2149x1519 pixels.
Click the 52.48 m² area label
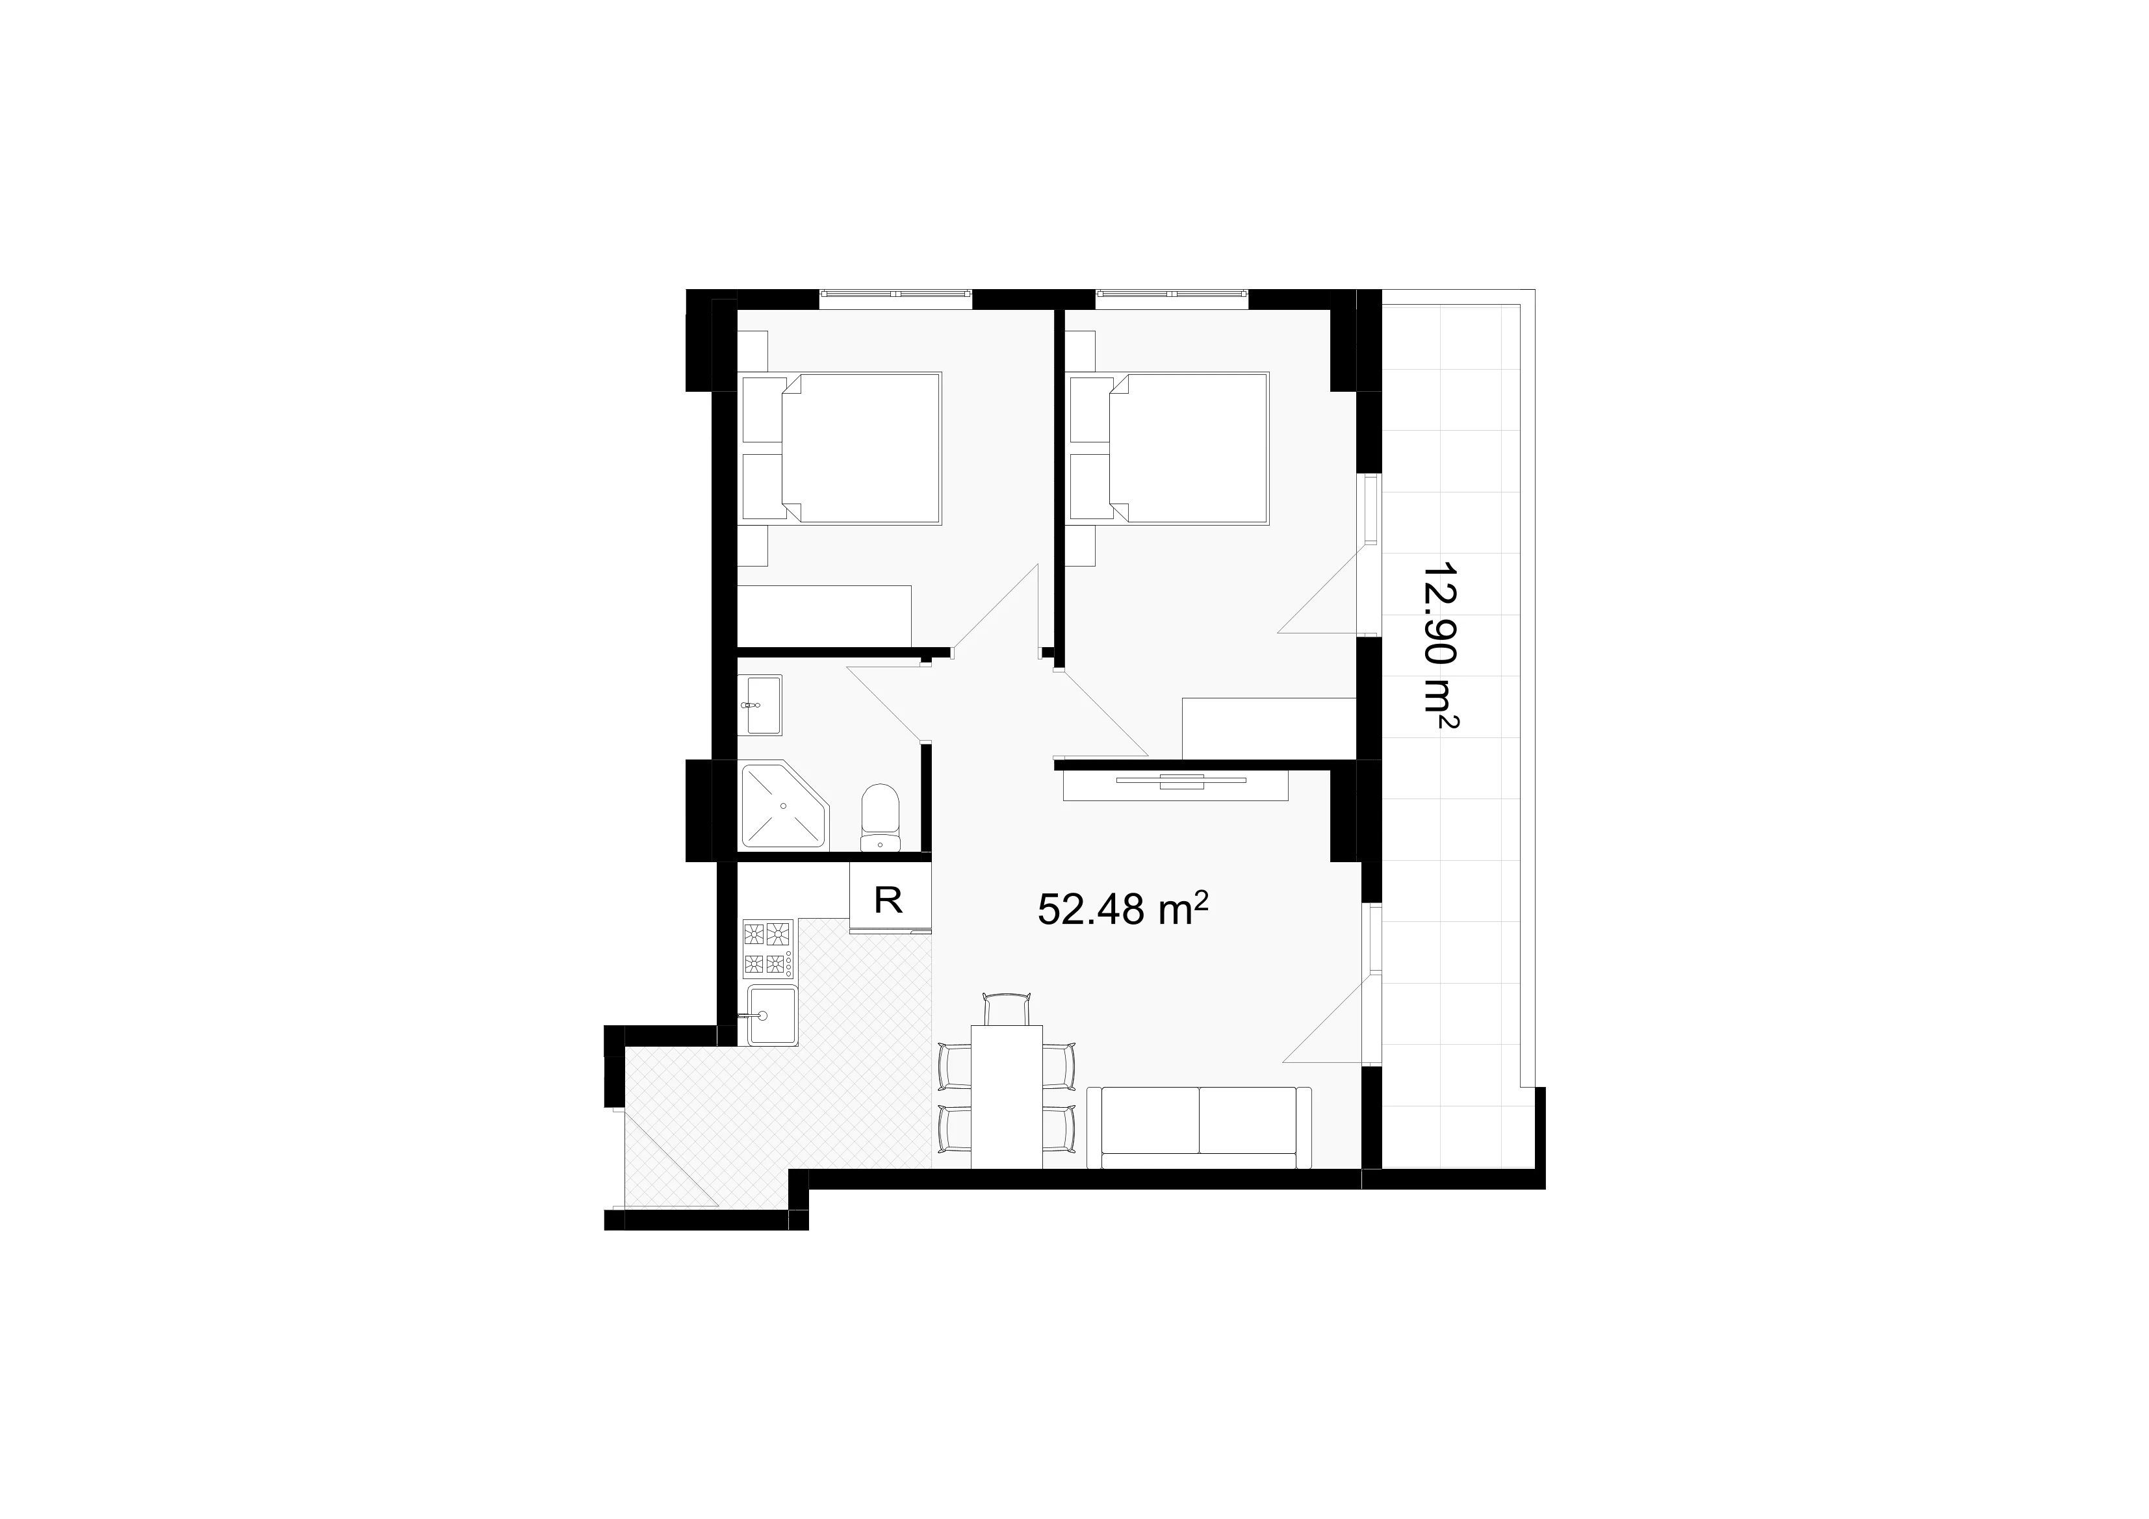coord(1123,908)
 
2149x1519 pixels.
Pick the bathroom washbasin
coord(761,705)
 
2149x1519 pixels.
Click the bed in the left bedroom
coord(842,448)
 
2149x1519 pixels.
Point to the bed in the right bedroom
coord(1169,448)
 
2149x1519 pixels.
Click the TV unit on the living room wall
coord(1176,784)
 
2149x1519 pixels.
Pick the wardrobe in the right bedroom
coord(1269,728)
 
